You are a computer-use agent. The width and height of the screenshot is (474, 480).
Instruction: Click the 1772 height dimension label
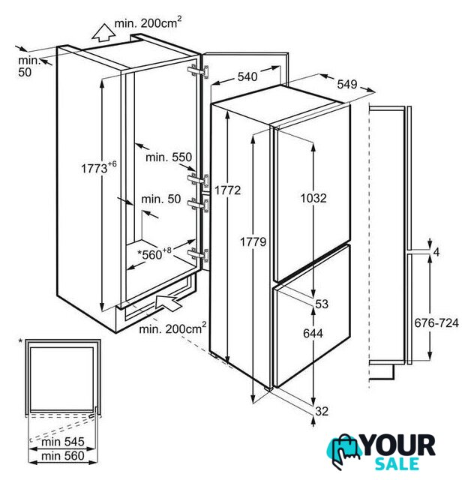(227, 190)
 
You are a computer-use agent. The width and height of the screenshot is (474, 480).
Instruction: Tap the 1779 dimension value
(253, 242)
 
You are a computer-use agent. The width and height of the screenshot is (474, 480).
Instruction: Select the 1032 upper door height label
(313, 198)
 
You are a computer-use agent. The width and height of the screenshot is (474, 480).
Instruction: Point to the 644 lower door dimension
(313, 333)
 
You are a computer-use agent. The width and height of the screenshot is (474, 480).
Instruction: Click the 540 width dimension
(247, 76)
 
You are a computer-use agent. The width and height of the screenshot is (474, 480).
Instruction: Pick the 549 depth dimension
(347, 84)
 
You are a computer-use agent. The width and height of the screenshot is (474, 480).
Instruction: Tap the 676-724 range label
(436, 322)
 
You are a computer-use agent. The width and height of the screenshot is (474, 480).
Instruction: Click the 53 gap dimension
(322, 304)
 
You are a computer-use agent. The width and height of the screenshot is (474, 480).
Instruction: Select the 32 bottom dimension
(322, 411)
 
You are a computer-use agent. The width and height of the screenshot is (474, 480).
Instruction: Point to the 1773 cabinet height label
(98, 167)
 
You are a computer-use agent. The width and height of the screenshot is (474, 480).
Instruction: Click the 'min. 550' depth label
(169, 157)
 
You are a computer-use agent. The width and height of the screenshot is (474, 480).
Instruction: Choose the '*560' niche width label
(154, 253)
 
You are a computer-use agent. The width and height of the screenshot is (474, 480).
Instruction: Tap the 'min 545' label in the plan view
(63, 442)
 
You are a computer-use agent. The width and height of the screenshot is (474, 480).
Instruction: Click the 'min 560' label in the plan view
(63, 456)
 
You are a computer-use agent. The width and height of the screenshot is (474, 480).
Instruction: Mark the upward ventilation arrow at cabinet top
(103, 33)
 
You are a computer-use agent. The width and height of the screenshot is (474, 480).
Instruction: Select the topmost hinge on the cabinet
(199, 72)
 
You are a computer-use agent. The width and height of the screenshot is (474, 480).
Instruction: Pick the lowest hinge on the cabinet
(199, 255)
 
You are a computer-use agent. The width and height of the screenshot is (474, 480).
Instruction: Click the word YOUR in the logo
(399, 445)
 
